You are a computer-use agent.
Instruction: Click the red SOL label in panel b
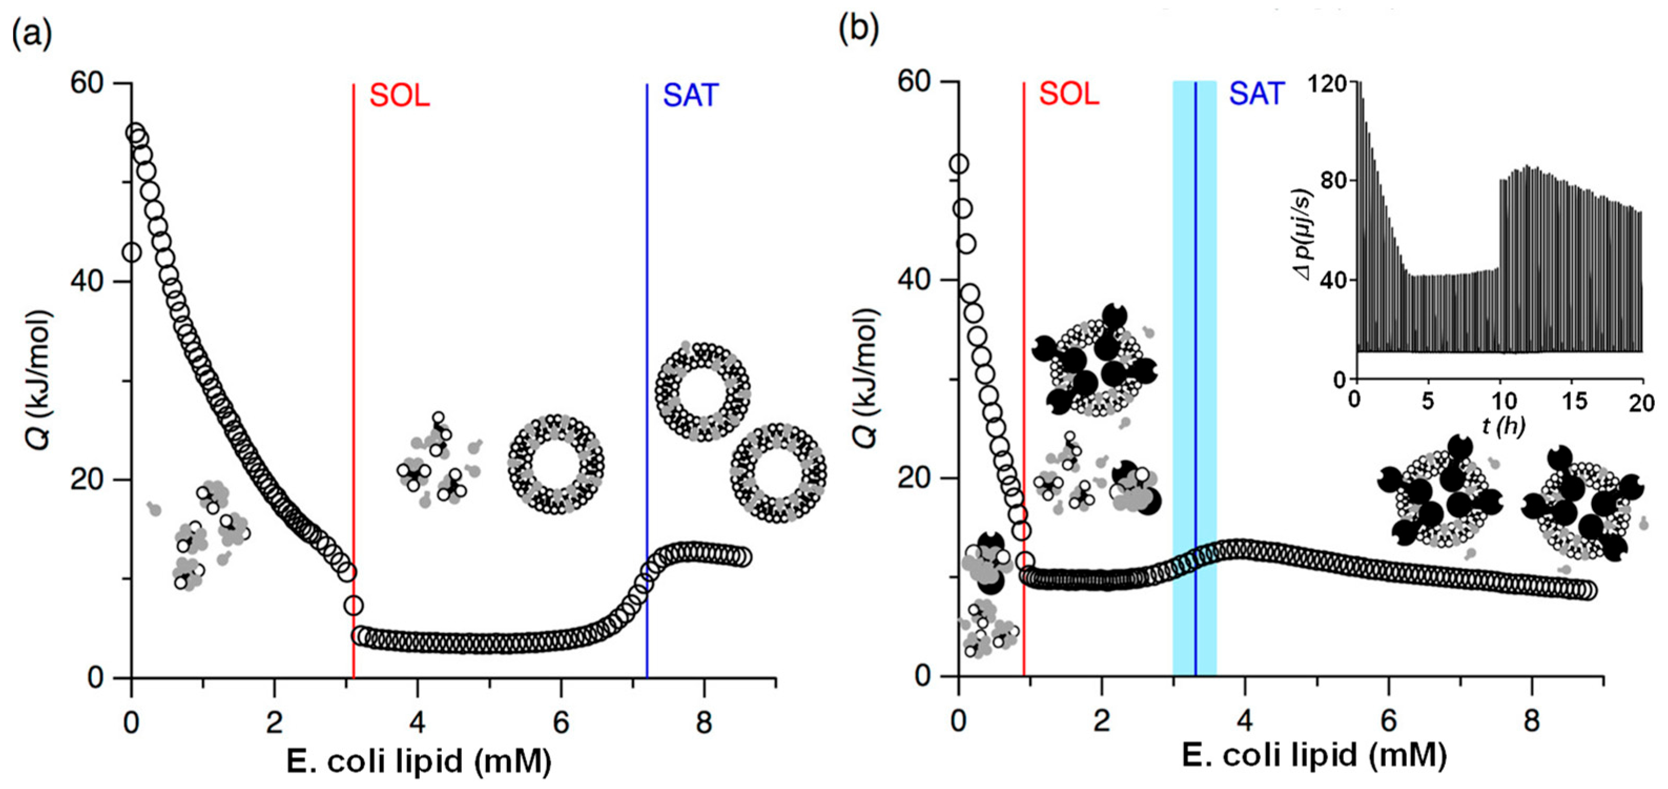click(1069, 95)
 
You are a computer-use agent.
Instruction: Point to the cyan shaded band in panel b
click(1184, 388)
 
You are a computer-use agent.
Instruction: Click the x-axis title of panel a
click(419, 761)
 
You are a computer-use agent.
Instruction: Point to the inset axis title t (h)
click(1502, 426)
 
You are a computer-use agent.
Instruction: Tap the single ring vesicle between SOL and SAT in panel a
click(556, 465)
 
